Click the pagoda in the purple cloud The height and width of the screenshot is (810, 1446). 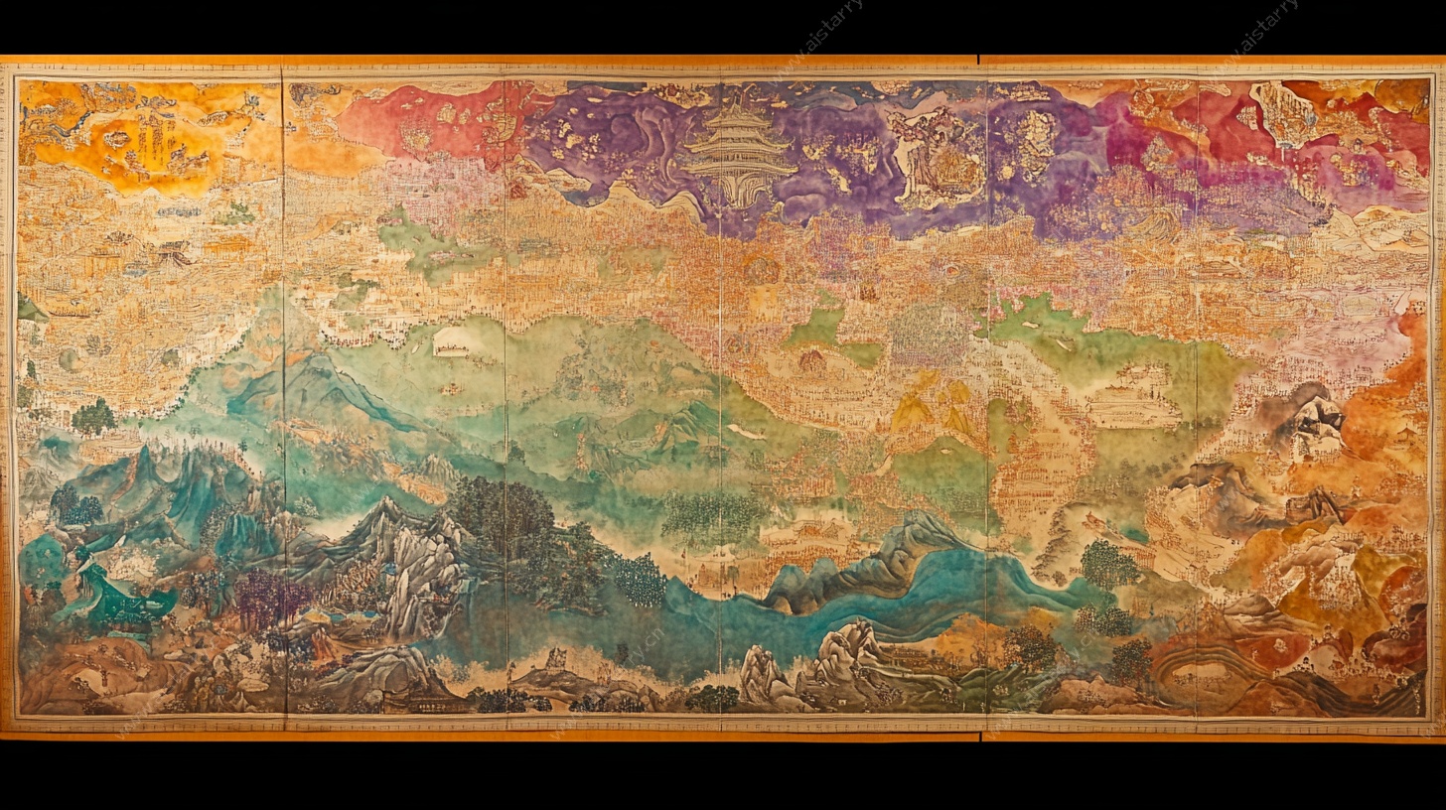point(736,149)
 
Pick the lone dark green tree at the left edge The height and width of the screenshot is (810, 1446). point(93,417)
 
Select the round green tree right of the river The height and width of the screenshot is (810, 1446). point(1109,566)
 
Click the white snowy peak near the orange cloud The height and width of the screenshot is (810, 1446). point(1316,422)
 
